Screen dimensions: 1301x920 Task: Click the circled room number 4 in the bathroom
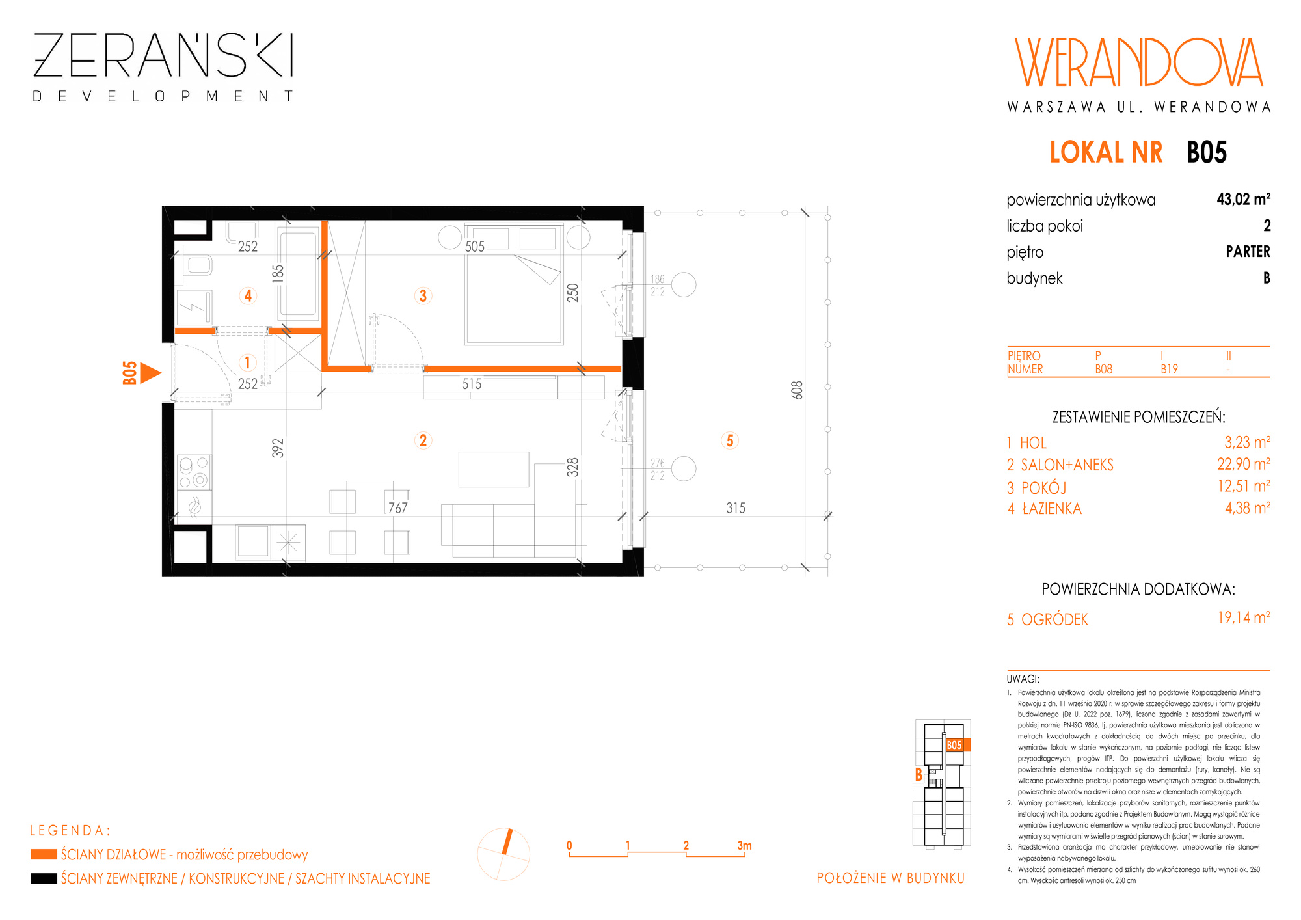coord(248,296)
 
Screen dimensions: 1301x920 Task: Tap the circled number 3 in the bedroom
coord(423,296)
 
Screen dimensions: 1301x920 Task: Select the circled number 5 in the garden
coord(730,440)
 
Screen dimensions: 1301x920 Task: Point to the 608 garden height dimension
coord(798,390)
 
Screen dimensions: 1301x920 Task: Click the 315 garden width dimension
coord(736,508)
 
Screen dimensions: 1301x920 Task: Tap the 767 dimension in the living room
coord(397,507)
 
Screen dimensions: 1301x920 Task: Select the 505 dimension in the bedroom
coord(475,247)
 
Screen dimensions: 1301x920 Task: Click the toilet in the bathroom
coord(196,265)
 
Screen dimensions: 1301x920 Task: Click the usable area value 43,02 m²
coord(1243,199)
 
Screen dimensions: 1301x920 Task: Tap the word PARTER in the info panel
coord(1248,252)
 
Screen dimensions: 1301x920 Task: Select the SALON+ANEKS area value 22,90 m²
coord(1244,464)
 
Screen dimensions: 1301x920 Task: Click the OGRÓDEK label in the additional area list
coord(1054,619)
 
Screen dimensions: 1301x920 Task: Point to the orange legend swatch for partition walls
coord(44,854)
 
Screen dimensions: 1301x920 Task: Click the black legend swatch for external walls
coord(44,878)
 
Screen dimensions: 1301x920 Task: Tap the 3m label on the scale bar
coord(744,845)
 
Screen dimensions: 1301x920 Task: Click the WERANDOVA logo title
coord(1139,62)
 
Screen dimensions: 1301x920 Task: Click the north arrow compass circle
coord(503,854)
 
